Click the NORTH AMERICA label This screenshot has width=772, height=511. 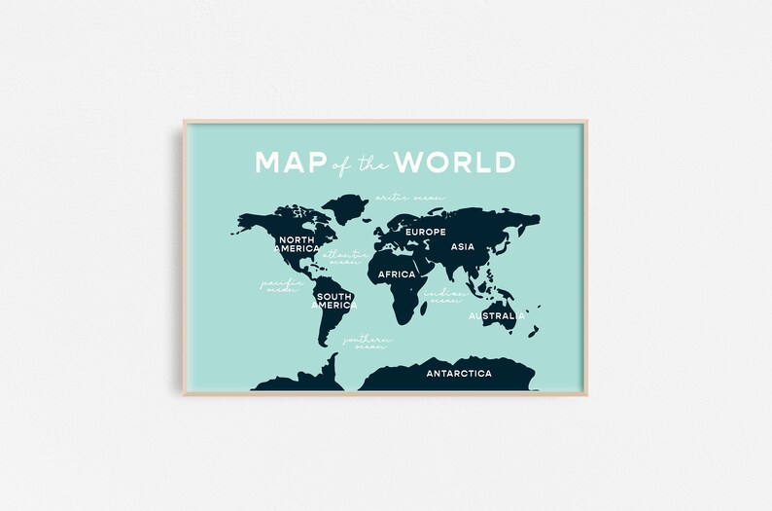click(x=298, y=243)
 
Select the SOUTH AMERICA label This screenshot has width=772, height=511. click(x=333, y=300)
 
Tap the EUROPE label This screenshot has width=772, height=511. click(x=425, y=232)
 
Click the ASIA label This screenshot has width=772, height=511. click(x=463, y=247)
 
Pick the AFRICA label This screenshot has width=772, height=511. click(x=397, y=274)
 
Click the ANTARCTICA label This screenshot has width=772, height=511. click(x=459, y=373)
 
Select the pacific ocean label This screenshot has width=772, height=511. click(x=278, y=286)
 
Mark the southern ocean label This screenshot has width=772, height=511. click(x=366, y=343)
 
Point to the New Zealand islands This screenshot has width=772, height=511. click(x=533, y=331)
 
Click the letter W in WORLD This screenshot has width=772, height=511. click(x=409, y=162)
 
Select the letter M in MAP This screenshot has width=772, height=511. click(x=268, y=162)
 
